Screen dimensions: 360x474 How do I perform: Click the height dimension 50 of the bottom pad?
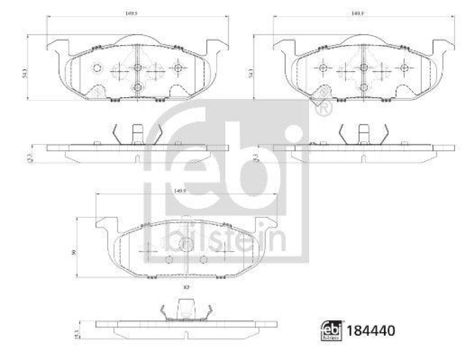pyautogui.click(x=73, y=252)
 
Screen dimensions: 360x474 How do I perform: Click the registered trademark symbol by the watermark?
pyautogui.click(x=323, y=109)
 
